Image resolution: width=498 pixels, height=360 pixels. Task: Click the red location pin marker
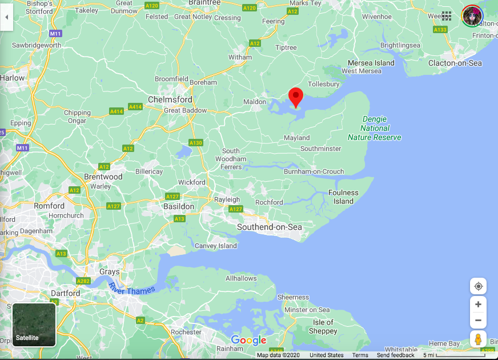[x=295, y=96]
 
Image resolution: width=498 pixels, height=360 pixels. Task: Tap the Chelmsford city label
[x=170, y=99]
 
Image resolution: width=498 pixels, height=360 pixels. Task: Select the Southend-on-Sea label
[x=270, y=227]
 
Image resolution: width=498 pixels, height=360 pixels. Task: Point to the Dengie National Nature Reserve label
[x=375, y=129]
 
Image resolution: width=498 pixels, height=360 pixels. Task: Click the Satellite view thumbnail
[x=34, y=325]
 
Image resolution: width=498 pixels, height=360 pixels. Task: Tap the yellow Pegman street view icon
[x=478, y=339]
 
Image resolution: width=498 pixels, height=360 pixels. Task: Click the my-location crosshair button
[x=478, y=286]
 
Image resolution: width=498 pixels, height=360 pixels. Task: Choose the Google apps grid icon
[x=447, y=15]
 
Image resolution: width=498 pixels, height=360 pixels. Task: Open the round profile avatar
[x=472, y=15]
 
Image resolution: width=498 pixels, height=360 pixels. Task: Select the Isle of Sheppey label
[x=323, y=326]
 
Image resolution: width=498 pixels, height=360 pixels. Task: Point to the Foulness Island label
[x=343, y=197]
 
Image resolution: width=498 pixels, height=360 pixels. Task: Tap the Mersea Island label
[x=372, y=63]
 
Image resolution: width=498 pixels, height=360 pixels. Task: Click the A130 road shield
[x=196, y=143]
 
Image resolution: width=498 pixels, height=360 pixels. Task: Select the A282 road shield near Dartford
[x=83, y=281]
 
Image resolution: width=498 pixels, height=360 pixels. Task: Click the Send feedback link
[x=396, y=355]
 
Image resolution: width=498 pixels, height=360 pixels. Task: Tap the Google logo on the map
[x=248, y=341]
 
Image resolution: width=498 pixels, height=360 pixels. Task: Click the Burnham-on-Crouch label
[x=314, y=171]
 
